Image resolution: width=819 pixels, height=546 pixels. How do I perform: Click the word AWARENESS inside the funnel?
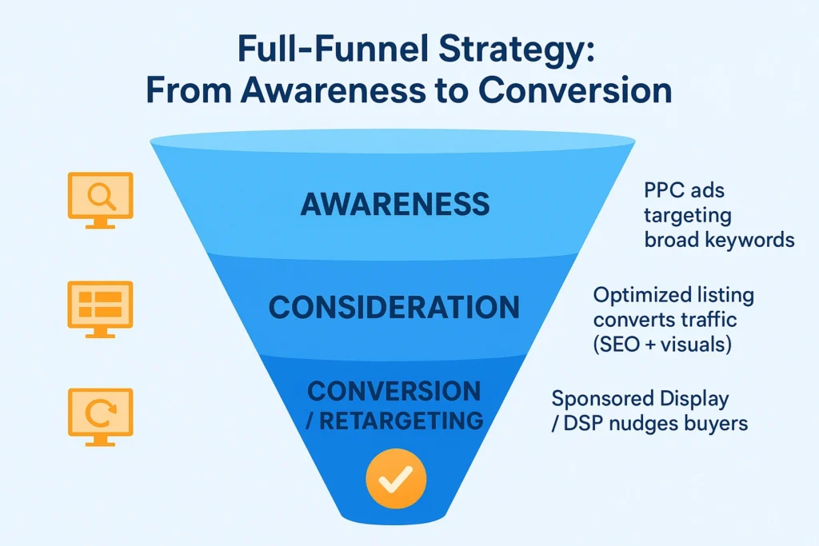click(x=395, y=204)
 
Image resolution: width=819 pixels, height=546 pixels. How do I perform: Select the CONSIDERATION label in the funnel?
click(x=394, y=307)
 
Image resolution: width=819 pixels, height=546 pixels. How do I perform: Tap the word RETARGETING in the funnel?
click(x=402, y=419)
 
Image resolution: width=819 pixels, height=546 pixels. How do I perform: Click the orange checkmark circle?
click(x=395, y=477)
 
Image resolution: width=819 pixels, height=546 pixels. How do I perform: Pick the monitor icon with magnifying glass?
click(x=99, y=199)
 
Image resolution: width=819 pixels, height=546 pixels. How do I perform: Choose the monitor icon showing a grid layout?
click(x=100, y=308)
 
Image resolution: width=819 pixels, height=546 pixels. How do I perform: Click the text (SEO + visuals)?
click(x=661, y=345)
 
